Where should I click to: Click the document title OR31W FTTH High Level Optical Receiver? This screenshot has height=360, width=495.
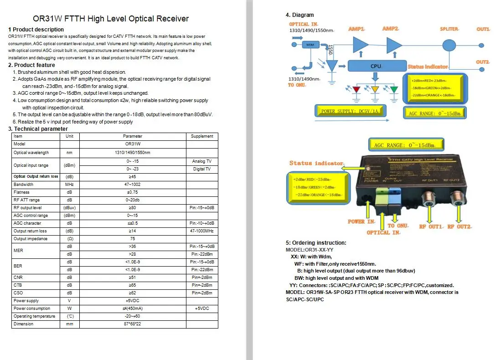[111, 19]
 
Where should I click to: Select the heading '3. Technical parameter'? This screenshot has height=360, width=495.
[38, 129]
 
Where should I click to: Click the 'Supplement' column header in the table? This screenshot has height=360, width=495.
[202, 136]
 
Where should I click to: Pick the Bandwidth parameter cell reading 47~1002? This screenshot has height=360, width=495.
[133, 185]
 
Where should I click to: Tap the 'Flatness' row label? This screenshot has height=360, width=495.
[21, 192]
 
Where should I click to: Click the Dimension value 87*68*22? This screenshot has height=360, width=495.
[133, 324]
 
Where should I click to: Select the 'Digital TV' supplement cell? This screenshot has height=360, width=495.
[202, 169]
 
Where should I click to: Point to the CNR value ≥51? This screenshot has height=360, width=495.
[133, 278]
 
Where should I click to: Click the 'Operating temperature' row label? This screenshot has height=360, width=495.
[34, 316]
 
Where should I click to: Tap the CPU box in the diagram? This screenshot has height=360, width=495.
[376, 66]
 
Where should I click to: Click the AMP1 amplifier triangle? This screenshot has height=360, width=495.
[360, 45]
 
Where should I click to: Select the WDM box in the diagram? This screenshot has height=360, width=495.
[310, 45]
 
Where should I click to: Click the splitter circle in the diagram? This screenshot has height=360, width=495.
[449, 45]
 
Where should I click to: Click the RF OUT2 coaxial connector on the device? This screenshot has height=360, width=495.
[456, 199]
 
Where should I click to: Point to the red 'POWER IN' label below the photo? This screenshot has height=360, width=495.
[361, 222]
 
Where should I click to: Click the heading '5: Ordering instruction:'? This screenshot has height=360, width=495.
[316, 243]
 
